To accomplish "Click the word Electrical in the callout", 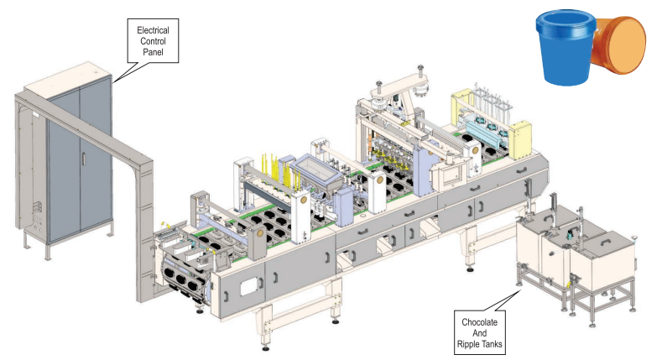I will [153, 29].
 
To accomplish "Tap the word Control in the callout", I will [153, 40].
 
